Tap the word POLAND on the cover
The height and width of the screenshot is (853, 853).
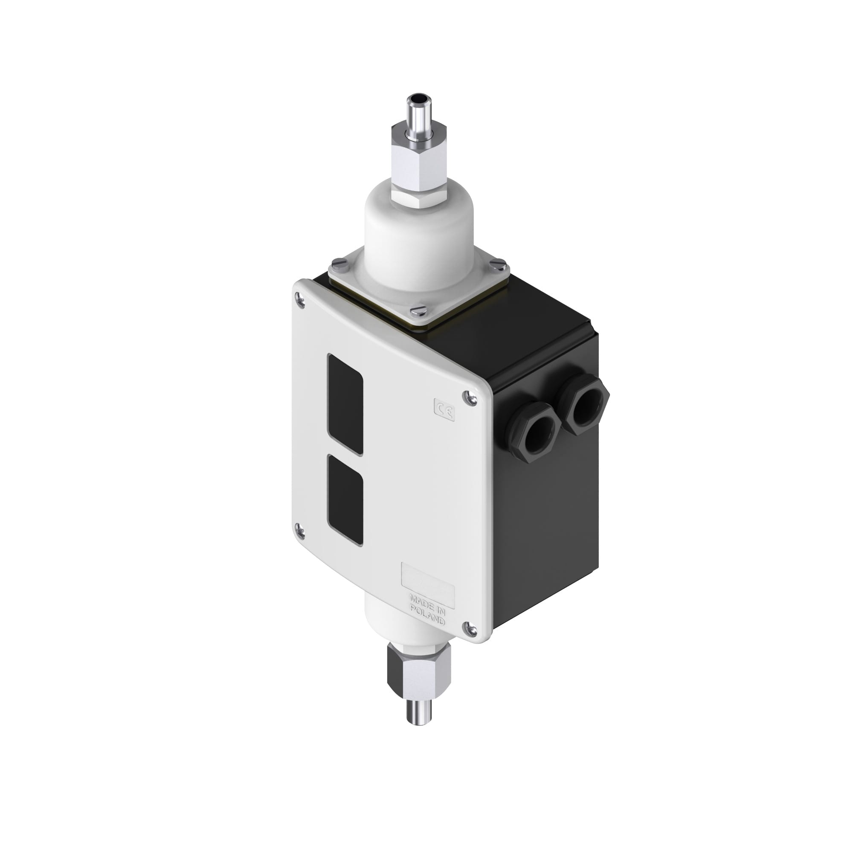click(427, 616)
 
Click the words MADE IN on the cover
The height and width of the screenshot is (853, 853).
click(427, 602)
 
